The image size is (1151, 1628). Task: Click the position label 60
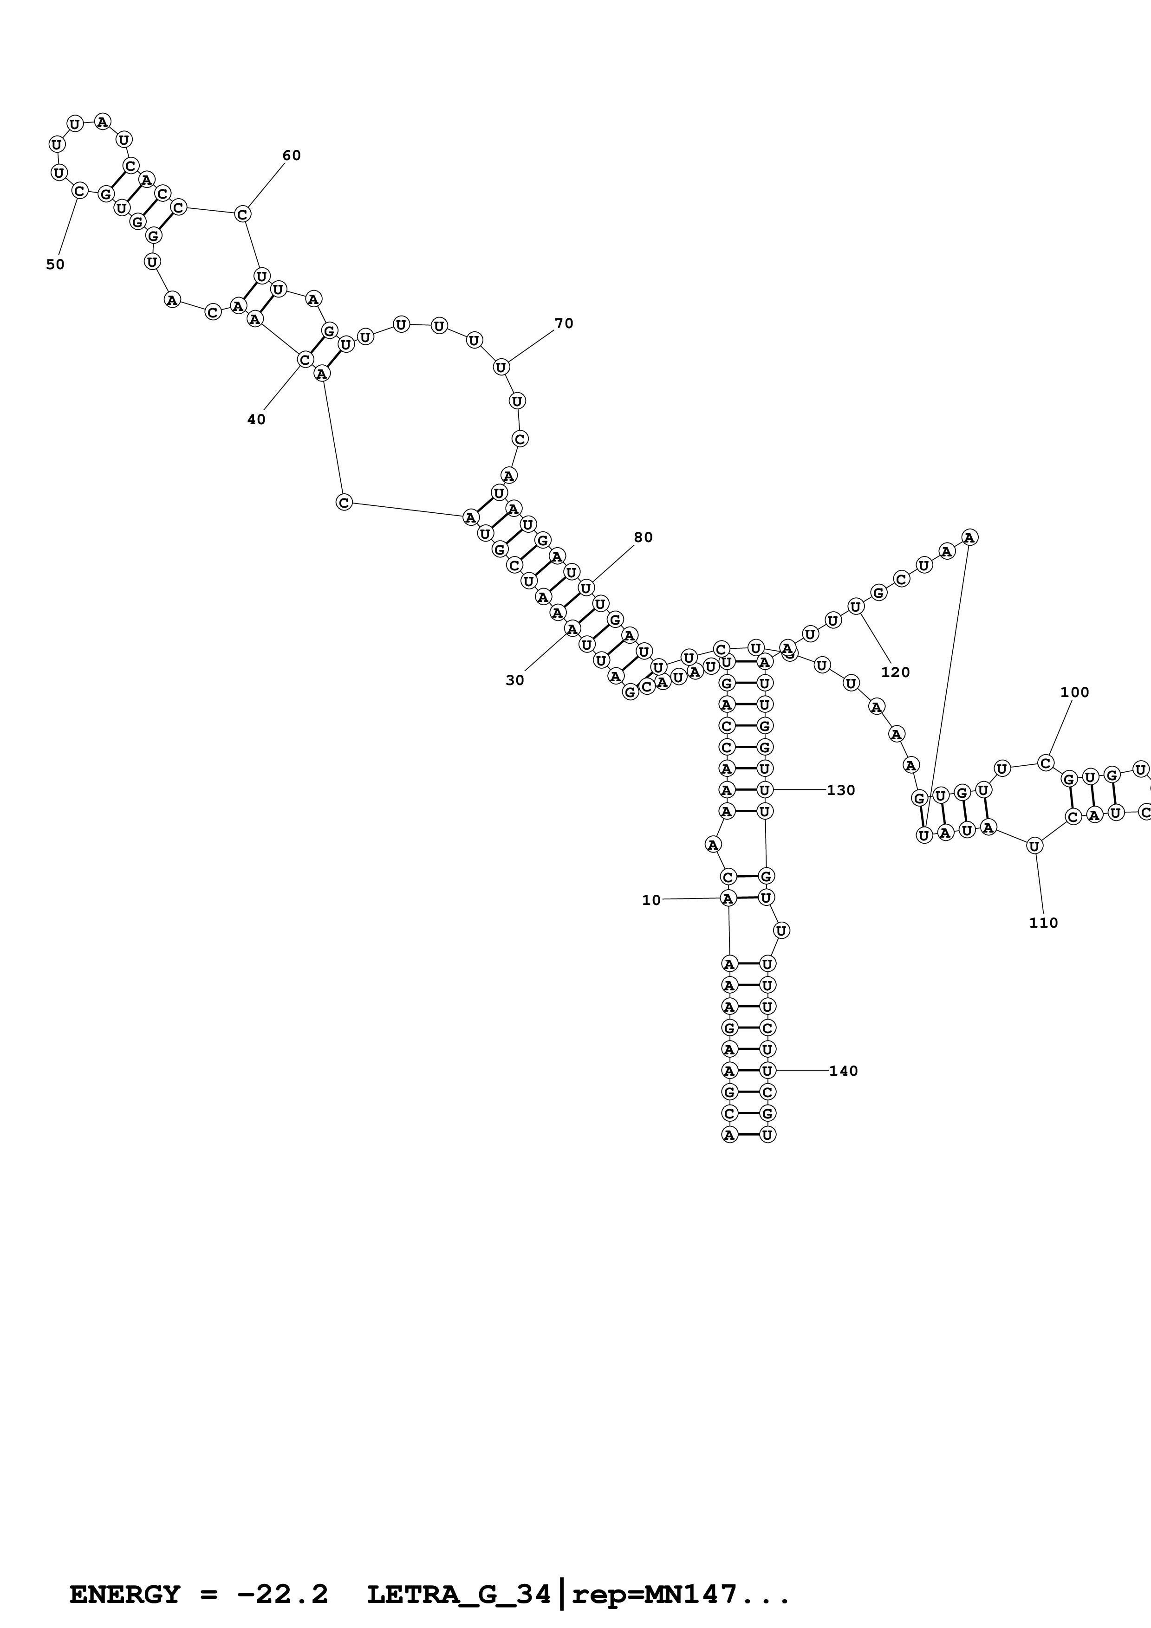click(292, 156)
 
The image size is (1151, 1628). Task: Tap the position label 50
click(55, 265)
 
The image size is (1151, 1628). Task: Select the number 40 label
click(256, 420)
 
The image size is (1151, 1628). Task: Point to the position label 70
click(564, 324)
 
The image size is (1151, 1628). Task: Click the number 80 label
click(643, 537)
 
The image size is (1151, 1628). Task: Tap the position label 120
click(895, 672)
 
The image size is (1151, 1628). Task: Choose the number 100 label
click(1074, 692)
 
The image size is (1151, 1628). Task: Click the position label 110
click(1043, 923)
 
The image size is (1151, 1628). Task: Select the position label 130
click(841, 790)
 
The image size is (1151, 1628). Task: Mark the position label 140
click(843, 1071)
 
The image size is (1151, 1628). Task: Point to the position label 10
click(651, 900)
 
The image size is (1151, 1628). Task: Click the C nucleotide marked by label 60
click(242, 213)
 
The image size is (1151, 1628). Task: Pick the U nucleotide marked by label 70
click(501, 367)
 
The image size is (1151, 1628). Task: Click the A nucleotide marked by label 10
click(728, 898)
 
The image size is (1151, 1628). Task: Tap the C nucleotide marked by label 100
click(1045, 763)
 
